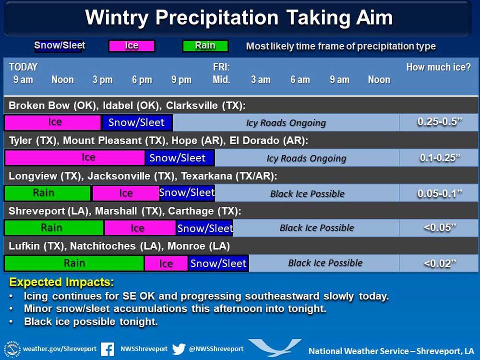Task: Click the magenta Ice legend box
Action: [132, 46]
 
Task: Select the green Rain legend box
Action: [205, 46]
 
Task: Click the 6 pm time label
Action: [142, 80]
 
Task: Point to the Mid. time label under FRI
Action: [221, 80]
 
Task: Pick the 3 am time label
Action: [261, 80]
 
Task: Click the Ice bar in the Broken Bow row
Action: [53, 122]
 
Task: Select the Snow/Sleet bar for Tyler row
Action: [180, 158]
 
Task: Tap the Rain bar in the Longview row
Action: [48, 193]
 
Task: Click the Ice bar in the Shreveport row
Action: [140, 228]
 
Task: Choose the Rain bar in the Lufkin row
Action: [74, 263]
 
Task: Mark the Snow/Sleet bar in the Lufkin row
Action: [218, 263]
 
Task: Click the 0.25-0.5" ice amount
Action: [440, 122]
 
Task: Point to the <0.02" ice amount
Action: [440, 263]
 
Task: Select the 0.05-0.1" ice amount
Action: [440, 193]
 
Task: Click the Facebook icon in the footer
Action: [108, 349]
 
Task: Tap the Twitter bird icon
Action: [179, 349]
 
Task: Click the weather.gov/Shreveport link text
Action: [60, 349]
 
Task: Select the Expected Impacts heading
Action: [61, 282]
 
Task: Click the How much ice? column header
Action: [438, 67]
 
